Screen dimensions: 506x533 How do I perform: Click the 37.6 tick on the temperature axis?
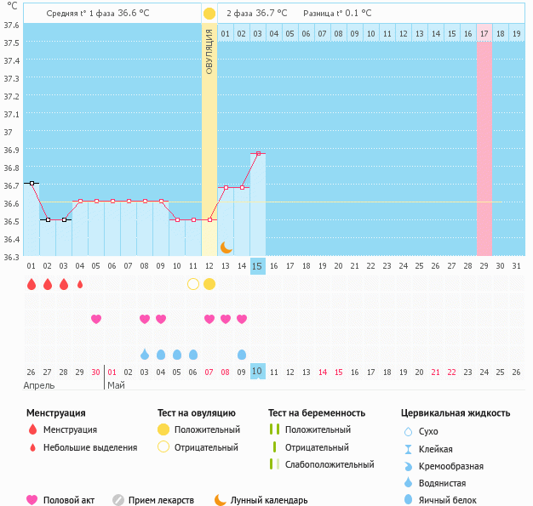(x=11, y=25)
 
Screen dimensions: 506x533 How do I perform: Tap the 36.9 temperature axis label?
(x=11, y=151)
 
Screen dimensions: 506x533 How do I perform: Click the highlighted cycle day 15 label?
(x=258, y=266)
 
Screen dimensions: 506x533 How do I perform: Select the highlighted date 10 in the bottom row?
(x=258, y=372)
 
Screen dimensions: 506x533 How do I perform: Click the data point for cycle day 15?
(x=258, y=154)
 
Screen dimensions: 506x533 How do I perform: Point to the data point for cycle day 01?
(x=32, y=183)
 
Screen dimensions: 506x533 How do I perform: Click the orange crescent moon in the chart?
(x=226, y=247)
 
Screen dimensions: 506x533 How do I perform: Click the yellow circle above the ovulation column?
(x=209, y=14)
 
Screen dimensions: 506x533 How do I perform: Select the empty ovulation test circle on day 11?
(x=193, y=284)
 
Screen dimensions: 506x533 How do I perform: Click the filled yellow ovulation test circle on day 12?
(x=209, y=284)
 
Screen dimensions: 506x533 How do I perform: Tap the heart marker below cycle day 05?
(x=96, y=319)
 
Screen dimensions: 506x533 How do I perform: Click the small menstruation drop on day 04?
(x=80, y=284)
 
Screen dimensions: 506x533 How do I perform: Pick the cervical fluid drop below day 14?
(x=242, y=354)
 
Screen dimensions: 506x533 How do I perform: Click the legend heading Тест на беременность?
(x=317, y=412)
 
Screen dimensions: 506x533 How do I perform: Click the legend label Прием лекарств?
(x=161, y=500)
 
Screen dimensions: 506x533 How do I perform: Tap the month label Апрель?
(x=40, y=385)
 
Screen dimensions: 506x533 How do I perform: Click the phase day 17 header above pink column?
(x=484, y=33)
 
